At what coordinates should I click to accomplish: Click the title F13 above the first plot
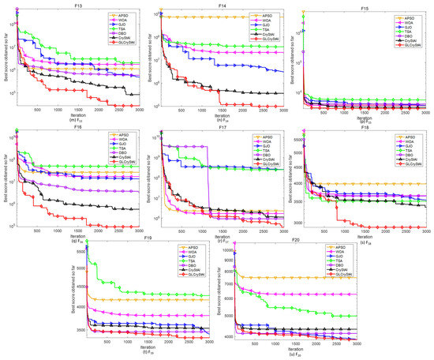coord(73,4)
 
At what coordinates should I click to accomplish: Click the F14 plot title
coord(218,4)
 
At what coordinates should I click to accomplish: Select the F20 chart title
coord(295,238)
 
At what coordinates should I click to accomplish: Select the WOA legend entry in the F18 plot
coord(408,140)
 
